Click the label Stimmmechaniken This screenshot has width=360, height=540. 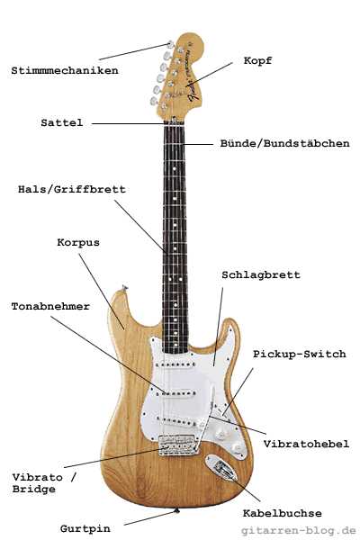[x=65, y=70]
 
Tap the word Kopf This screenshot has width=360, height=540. [x=257, y=60]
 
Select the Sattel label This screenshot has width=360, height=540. [x=62, y=122]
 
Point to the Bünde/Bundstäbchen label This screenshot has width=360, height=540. [x=285, y=143]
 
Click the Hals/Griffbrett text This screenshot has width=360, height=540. [x=72, y=189]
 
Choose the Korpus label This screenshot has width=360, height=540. [x=78, y=242]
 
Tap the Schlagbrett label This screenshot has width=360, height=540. [x=261, y=274]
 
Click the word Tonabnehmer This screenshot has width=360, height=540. [x=50, y=306]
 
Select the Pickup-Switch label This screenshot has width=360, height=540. [x=300, y=354]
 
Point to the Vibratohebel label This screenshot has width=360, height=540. [x=306, y=444]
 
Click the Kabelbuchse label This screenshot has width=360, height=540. [x=282, y=513]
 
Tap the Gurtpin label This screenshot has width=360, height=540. [x=85, y=528]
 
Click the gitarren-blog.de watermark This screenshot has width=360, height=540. [x=298, y=530]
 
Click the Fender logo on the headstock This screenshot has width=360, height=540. [x=194, y=91]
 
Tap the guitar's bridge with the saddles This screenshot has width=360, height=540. [x=178, y=445]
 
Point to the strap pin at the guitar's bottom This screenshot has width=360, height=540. [x=177, y=510]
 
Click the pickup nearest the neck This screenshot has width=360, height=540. [x=175, y=364]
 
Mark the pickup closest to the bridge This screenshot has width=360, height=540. [x=176, y=421]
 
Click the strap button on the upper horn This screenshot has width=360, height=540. [x=124, y=288]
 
